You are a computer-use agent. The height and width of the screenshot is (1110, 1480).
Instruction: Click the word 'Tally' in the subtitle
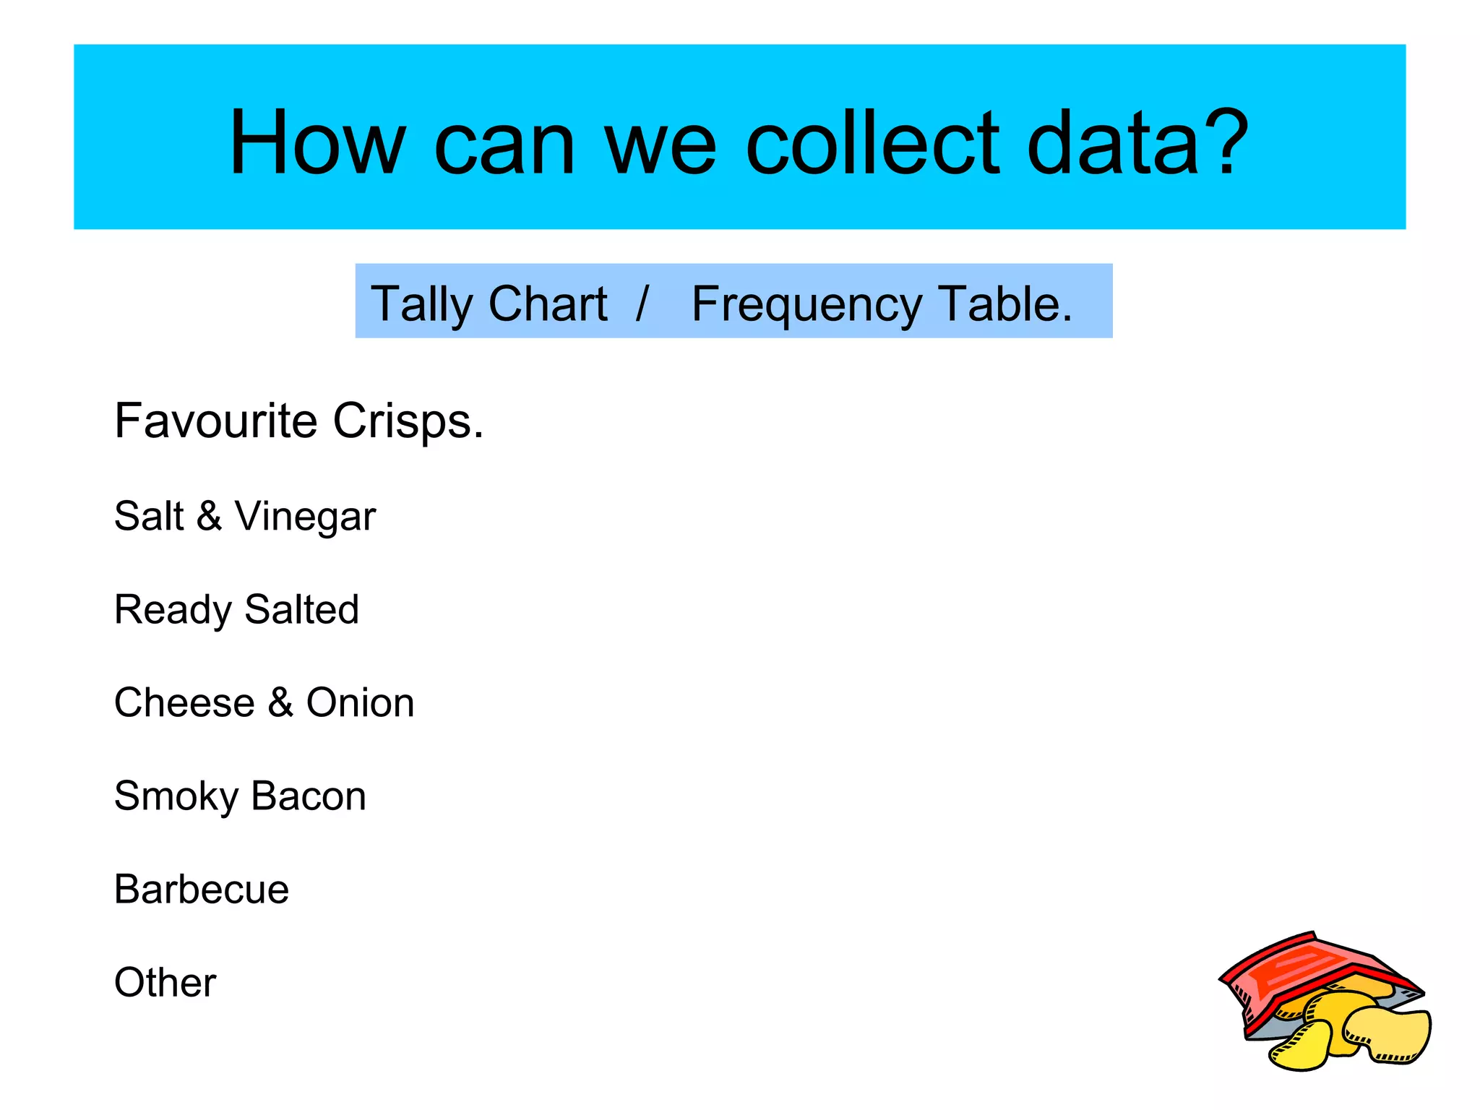pyautogui.click(x=421, y=304)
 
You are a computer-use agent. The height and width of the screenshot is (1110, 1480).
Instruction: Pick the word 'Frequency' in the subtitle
pyautogui.click(x=806, y=304)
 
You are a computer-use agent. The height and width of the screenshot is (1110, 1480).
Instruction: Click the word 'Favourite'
pyautogui.click(x=215, y=421)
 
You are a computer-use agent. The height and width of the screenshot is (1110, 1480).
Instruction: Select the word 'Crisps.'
pyautogui.click(x=408, y=422)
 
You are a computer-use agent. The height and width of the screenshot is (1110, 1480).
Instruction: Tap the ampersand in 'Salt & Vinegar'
pyautogui.click(x=209, y=516)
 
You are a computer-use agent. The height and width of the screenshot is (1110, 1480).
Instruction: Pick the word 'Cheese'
pyautogui.click(x=185, y=702)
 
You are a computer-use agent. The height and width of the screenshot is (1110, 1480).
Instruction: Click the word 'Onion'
pyautogui.click(x=360, y=702)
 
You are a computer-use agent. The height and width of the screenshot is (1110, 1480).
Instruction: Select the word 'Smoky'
pyautogui.click(x=176, y=797)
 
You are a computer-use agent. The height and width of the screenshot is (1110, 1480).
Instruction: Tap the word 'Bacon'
pyautogui.click(x=309, y=796)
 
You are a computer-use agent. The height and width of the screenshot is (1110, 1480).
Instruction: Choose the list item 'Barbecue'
pyautogui.click(x=202, y=889)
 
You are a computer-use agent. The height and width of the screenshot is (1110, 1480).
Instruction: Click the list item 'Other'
pyautogui.click(x=165, y=982)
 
